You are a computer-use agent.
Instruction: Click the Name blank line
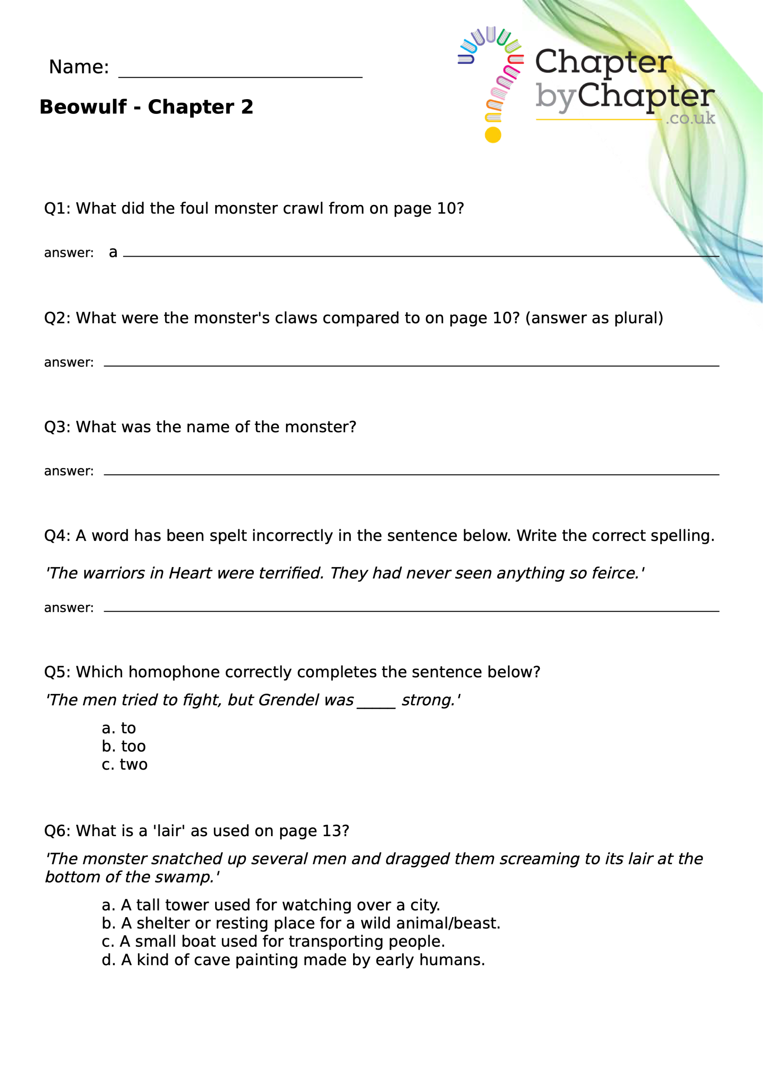coord(240,75)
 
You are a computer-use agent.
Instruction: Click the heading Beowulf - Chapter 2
coord(146,107)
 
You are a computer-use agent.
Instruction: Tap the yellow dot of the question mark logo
coord(493,135)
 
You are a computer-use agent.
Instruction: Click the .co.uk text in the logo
coord(690,118)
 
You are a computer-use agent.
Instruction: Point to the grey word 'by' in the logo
coord(555,97)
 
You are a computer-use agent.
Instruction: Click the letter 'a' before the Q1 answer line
coord(113,253)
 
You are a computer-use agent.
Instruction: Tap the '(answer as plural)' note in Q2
coord(593,318)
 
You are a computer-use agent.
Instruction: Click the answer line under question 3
coord(411,474)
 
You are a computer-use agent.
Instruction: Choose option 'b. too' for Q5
coord(124,746)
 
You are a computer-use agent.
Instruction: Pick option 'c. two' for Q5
coord(125,764)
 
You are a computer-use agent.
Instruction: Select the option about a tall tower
coord(271,905)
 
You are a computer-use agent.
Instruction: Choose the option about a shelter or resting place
coord(301,923)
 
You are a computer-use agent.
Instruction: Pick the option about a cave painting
coord(293,960)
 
